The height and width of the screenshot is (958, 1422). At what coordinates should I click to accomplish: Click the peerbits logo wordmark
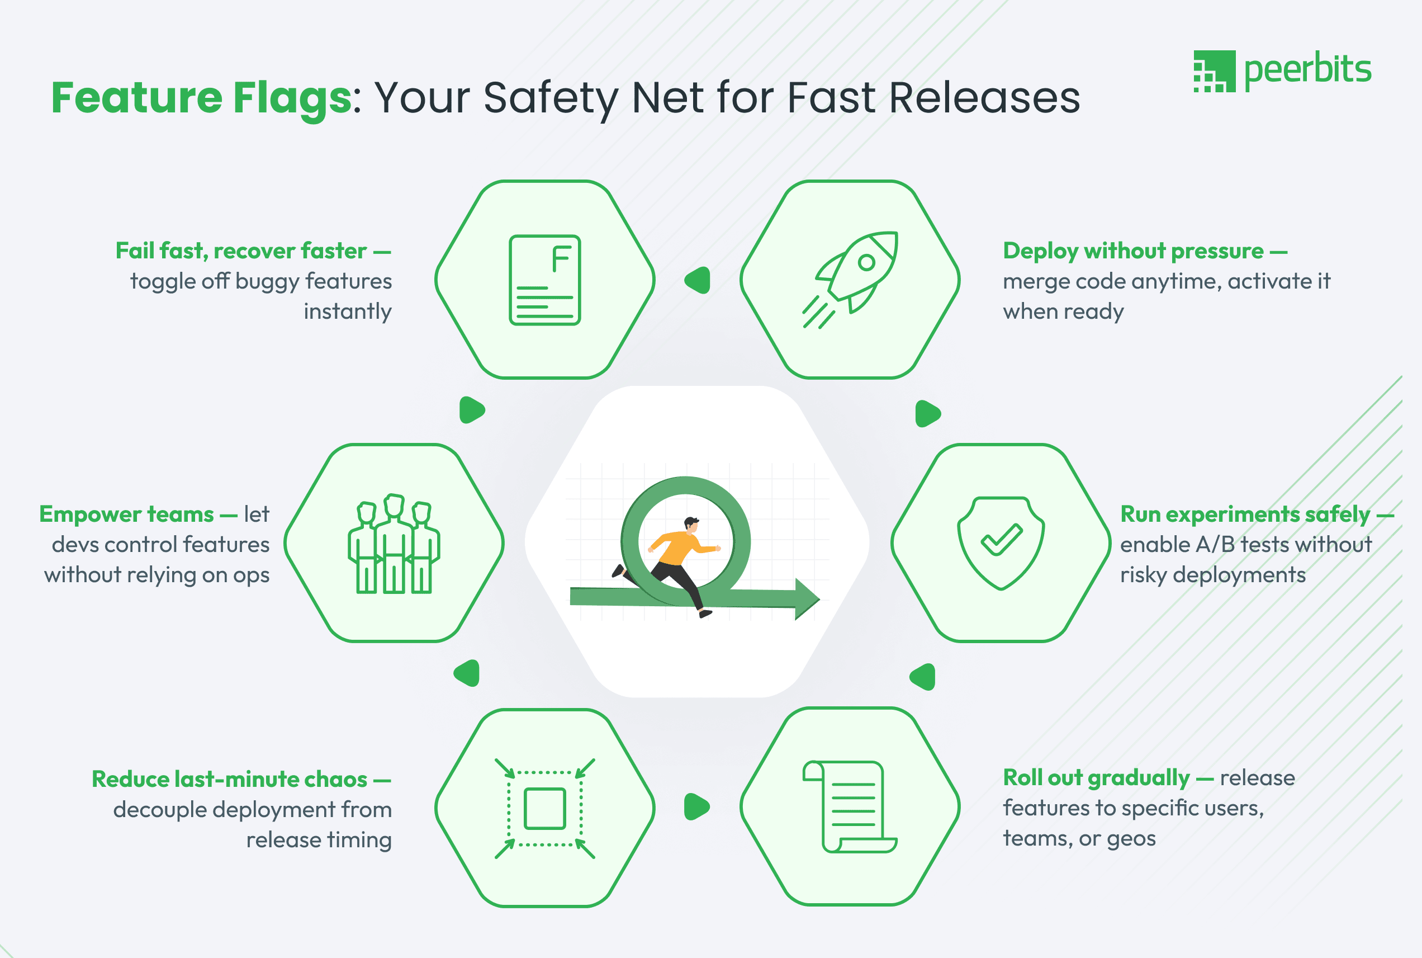pos(1307,70)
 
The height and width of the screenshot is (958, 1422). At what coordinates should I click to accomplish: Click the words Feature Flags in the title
pos(201,98)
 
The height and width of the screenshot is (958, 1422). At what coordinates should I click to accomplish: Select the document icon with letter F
pos(544,280)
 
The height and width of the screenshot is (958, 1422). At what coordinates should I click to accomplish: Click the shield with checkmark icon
pos(1001,543)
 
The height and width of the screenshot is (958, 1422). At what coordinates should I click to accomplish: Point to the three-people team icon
pos(394,543)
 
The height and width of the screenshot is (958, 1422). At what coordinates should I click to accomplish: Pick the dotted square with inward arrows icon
pos(544,808)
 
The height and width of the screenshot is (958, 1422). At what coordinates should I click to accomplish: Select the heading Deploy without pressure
pos(1133,251)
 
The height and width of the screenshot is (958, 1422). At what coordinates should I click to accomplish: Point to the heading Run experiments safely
pos(1245,515)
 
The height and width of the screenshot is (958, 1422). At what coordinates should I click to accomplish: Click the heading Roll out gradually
pos(1097,778)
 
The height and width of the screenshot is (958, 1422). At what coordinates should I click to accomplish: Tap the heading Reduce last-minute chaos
pos(230,780)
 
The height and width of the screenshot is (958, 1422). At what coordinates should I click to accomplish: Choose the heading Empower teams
pos(126,515)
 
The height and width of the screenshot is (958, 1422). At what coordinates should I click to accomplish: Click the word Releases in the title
pos(984,98)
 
